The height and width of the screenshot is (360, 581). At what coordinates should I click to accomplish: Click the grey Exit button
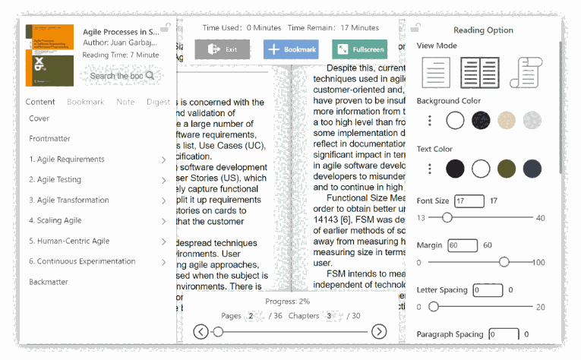[222, 49]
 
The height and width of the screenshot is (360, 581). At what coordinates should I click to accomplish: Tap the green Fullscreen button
[359, 49]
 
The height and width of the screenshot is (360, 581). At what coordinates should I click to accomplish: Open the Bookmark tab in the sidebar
[85, 102]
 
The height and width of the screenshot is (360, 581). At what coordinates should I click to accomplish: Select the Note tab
[125, 102]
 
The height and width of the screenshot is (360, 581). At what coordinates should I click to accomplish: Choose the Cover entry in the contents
[39, 118]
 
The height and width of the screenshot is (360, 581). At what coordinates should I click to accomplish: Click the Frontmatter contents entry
[50, 139]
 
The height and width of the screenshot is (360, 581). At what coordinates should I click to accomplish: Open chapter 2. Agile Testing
[55, 180]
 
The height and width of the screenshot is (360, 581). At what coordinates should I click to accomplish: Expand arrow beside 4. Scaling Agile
[163, 221]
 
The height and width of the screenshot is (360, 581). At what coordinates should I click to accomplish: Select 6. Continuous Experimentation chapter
[82, 261]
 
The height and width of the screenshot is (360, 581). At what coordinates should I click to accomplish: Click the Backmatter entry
[49, 282]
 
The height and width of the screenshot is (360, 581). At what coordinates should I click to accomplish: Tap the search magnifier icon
[150, 75]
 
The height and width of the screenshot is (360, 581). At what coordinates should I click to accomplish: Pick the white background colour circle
[455, 120]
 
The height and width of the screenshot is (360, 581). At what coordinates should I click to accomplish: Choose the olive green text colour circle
[507, 169]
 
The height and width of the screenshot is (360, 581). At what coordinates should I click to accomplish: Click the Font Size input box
[469, 201]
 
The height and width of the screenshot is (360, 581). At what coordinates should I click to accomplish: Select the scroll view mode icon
[524, 72]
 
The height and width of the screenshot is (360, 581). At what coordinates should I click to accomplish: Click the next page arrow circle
[378, 331]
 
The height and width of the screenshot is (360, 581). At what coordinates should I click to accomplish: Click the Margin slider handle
[504, 262]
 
